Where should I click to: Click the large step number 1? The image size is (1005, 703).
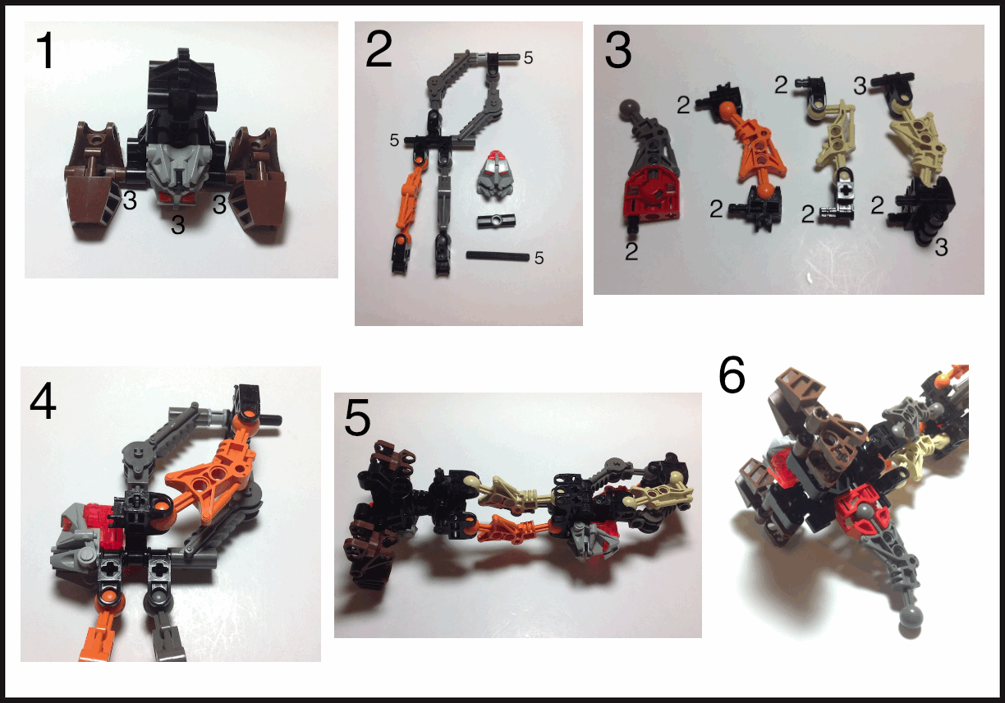coord(46,50)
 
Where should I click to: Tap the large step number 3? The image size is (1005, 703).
coord(617,50)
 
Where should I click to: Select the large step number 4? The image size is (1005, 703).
coord(43,402)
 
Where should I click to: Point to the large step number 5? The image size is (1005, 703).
coord(358,418)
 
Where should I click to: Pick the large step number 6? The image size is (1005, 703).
coord(732,374)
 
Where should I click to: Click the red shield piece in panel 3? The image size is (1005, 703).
coord(651,194)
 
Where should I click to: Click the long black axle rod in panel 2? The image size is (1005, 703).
coord(498,255)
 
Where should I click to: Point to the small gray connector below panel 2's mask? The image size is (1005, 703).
coord(496,220)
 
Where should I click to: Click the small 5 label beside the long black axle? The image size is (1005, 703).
coord(539,258)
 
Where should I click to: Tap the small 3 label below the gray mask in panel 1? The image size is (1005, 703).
coord(178,225)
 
